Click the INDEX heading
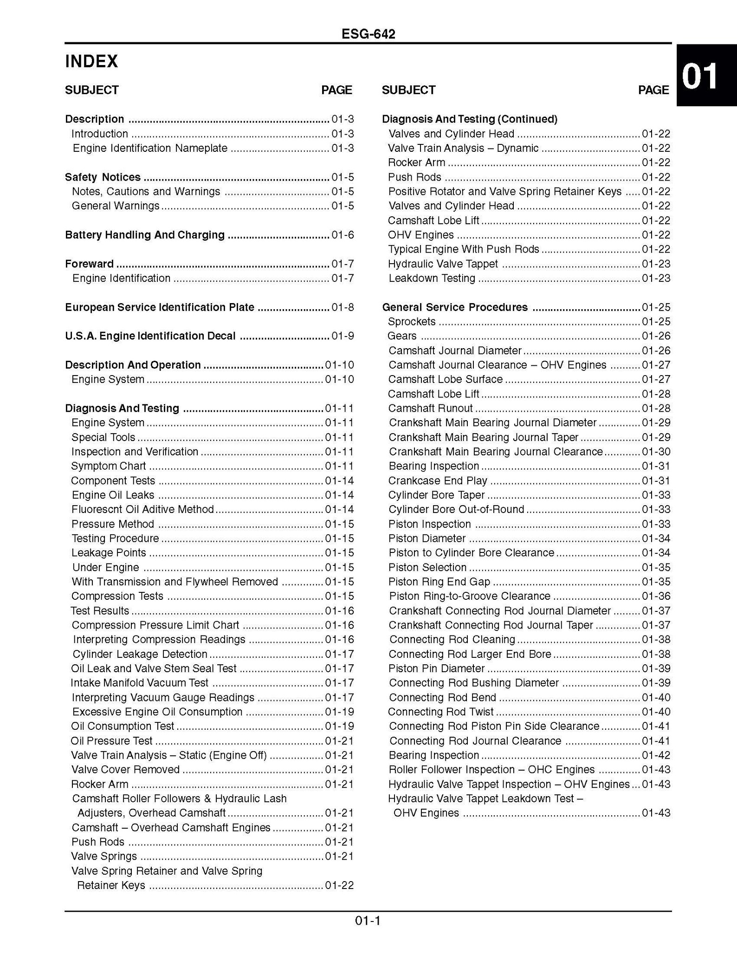point(91,61)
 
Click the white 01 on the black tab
point(699,77)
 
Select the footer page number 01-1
point(368,920)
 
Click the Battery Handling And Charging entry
point(145,235)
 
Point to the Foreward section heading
point(89,264)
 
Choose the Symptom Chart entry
point(109,466)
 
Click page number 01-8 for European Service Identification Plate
point(343,307)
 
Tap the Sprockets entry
point(412,322)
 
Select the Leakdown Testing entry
point(432,279)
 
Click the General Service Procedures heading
point(455,307)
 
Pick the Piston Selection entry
point(427,567)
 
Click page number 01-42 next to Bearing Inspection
point(656,755)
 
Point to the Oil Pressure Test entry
point(112,741)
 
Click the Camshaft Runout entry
point(430,409)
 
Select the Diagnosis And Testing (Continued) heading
point(470,119)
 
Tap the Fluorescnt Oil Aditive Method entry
point(142,510)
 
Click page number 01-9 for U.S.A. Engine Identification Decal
point(343,336)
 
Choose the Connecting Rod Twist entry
point(441,712)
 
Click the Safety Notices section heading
point(103,177)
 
